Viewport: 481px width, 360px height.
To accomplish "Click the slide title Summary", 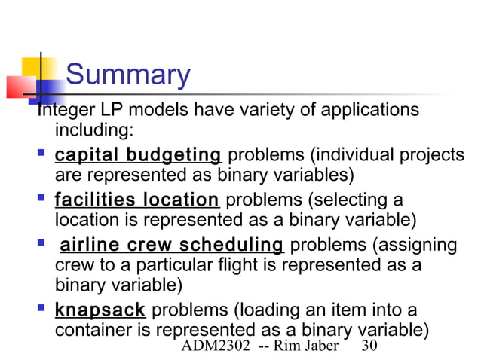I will (127, 75).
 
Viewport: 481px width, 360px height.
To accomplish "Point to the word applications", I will (369, 111).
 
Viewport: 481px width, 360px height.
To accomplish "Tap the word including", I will (94, 132).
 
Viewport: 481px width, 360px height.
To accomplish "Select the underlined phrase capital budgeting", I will (137, 156).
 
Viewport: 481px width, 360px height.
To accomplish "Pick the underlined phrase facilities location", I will (136, 200).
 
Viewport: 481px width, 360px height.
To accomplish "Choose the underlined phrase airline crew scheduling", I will (171, 245).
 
